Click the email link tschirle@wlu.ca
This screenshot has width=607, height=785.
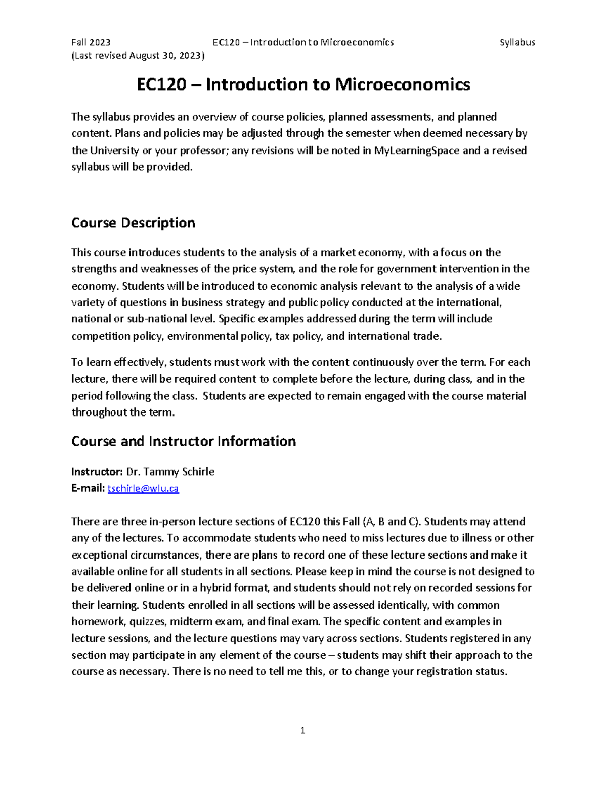143,488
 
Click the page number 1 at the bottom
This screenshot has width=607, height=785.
302,730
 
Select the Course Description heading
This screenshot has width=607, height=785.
133,223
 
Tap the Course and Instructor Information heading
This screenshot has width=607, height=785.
183,441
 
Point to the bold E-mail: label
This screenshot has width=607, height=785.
88,488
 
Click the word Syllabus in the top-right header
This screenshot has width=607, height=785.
517,42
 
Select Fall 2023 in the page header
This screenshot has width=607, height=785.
91,42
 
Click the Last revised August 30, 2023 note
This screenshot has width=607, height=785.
138,56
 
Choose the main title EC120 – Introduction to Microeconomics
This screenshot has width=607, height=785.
303,84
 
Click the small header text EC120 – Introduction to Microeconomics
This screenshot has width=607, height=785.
303,42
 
